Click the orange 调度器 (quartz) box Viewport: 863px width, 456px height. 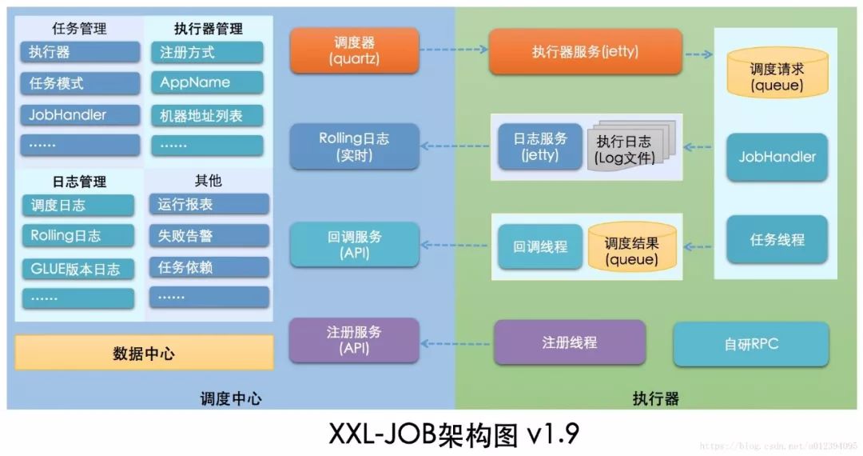[354, 50]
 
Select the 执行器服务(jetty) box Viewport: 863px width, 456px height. [585, 52]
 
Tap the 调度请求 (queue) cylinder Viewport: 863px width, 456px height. [777, 76]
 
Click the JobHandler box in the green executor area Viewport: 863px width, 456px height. [777, 157]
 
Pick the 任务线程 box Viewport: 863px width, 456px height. [777, 239]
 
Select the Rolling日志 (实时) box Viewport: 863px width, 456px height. [354, 146]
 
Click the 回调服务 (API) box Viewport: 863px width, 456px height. [354, 245]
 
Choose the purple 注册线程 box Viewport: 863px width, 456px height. [569, 342]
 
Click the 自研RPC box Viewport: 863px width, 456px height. [751, 344]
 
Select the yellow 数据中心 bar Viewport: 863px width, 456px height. [144, 353]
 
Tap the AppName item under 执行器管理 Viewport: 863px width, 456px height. [206, 82]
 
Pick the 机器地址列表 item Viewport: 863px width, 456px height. [206, 115]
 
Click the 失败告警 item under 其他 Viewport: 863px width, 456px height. [209, 236]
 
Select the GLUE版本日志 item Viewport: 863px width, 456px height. [78, 269]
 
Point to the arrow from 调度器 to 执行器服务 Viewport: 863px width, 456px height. [454, 50]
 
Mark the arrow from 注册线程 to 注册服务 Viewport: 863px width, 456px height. [456, 343]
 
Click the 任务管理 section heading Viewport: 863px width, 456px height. [79, 29]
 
